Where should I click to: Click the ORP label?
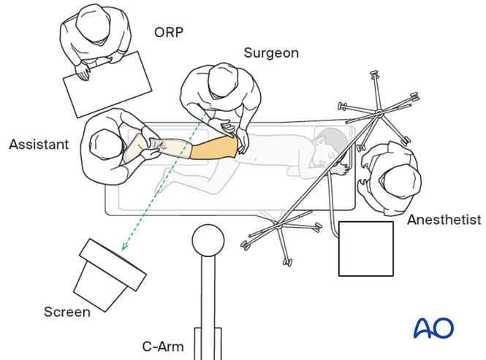tap(170, 32)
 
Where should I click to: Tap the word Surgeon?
tap(272, 53)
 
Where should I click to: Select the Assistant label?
tap(39, 145)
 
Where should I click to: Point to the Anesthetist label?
tap(444, 220)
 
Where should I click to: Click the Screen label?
tap(67, 312)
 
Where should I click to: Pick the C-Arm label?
tap(163, 346)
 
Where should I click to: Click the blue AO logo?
tap(433, 328)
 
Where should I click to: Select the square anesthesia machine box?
tap(366, 248)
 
